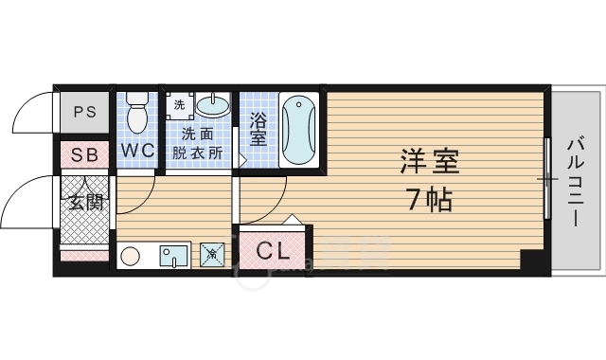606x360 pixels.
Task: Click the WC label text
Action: click(137, 151)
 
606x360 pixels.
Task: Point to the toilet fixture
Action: click(137, 112)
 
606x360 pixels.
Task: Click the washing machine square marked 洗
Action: click(180, 103)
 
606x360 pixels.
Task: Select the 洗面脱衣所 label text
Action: click(198, 142)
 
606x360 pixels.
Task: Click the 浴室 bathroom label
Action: click(258, 130)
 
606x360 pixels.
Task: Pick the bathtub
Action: click(297, 130)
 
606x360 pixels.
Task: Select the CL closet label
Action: click(272, 251)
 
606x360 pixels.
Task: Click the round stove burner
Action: click(132, 255)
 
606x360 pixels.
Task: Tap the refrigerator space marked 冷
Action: click(214, 254)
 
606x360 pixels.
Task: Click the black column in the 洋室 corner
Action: click(534, 259)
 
